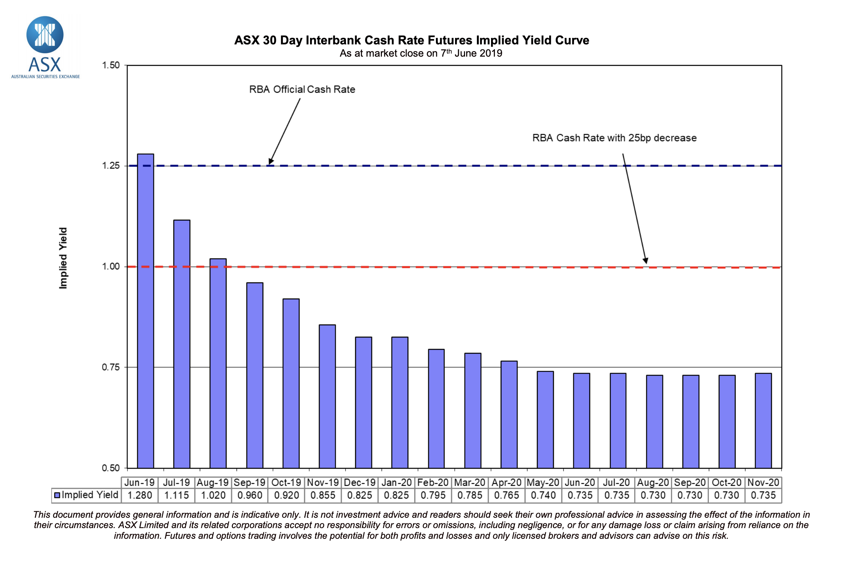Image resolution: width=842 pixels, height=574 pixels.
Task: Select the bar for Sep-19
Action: coord(255,375)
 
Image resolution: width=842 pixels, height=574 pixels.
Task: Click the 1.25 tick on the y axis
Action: coord(111,166)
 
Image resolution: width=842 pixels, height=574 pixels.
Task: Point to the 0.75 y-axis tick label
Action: coord(111,367)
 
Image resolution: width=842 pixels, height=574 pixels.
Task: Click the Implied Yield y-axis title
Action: coord(63,258)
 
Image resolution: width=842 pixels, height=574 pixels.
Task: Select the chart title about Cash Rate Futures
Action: coord(411,40)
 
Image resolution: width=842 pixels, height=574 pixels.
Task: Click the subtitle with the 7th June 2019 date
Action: coord(421,53)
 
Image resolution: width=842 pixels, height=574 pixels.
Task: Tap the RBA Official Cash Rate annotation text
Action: coord(302,90)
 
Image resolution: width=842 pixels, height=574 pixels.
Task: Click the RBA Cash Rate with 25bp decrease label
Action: coord(614,138)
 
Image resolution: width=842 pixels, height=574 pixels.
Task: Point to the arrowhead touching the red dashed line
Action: coord(645,261)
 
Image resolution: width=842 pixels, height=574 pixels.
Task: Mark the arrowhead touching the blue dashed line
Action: coord(271,161)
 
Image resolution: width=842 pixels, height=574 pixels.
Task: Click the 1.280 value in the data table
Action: coord(140,495)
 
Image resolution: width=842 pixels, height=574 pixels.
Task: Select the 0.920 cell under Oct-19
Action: coord(286,495)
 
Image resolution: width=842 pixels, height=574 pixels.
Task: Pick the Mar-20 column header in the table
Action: coord(470,483)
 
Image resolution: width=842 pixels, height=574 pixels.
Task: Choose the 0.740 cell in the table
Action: coord(543,495)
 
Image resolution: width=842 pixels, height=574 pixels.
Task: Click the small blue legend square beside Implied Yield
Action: coord(57,495)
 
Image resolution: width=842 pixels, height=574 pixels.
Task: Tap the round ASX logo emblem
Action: coord(45,34)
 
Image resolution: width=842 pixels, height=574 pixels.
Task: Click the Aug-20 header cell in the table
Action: coord(653,483)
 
